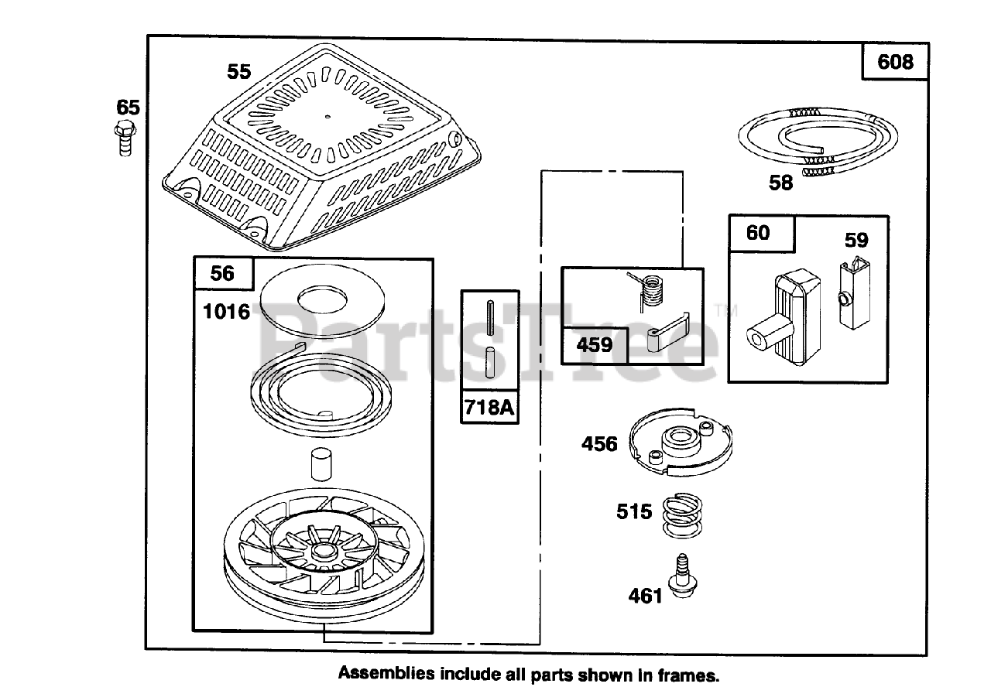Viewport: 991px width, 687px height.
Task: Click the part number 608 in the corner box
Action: coord(895,62)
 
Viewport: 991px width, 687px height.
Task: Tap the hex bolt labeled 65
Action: coord(125,138)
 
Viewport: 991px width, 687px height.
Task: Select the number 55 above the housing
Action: coord(239,72)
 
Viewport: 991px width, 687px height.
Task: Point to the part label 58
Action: coord(781,183)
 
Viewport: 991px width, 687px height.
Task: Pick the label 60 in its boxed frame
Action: coord(758,233)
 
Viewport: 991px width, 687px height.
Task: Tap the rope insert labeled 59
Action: coord(854,293)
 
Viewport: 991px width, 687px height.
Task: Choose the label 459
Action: coord(594,345)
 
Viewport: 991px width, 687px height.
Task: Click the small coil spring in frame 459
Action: coord(646,290)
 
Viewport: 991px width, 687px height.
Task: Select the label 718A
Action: coord(489,407)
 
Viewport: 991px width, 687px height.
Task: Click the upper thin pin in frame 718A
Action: coord(490,317)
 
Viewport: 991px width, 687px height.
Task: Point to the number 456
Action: coord(599,444)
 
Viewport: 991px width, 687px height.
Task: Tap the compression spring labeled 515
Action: coord(682,515)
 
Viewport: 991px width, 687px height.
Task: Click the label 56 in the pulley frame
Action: coord(222,274)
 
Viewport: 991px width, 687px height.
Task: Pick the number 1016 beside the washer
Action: coord(227,312)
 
